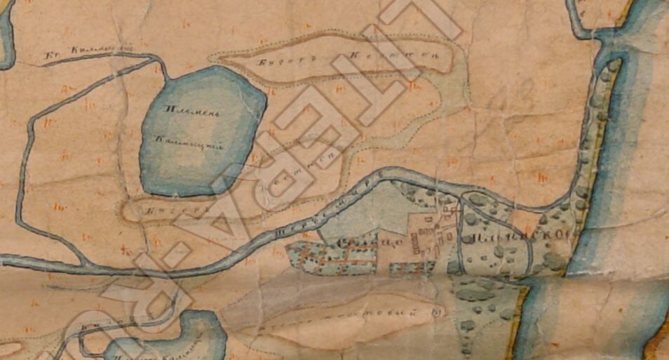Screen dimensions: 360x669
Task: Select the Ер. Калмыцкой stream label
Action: pos(89,51)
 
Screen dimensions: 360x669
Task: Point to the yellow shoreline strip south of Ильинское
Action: pos(521,316)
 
